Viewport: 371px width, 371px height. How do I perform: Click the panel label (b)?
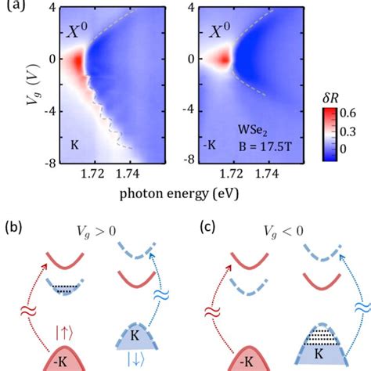(15, 229)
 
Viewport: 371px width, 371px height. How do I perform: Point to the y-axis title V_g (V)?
(13, 84)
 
